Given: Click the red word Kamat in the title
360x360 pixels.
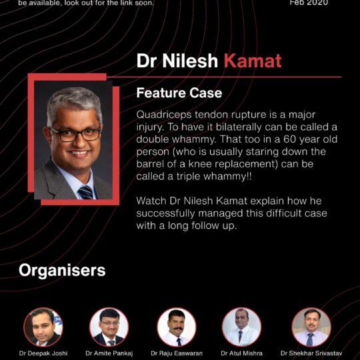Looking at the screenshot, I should click(x=252, y=61).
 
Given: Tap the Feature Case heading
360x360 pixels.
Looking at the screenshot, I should click(x=179, y=93).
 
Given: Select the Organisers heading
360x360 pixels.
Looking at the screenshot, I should click(x=62, y=270).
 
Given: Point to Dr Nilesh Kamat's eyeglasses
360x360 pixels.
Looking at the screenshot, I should click(x=75, y=133).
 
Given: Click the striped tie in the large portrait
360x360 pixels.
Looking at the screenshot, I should click(x=85, y=191).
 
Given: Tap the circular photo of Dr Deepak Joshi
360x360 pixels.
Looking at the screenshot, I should click(x=43, y=326).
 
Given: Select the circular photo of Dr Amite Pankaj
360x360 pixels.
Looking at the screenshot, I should click(x=109, y=326).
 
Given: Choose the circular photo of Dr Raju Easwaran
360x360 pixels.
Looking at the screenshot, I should click(x=176, y=326).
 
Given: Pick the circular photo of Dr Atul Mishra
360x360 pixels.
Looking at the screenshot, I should click(x=241, y=326).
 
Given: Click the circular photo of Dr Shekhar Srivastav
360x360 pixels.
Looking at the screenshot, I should click(x=311, y=326).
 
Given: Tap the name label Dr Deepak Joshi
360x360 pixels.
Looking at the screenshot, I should click(x=43, y=353).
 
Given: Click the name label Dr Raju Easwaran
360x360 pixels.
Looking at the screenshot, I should click(x=176, y=353).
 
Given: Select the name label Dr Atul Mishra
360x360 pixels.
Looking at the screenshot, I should click(x=242, y=353).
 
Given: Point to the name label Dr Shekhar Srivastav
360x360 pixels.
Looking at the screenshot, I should click(x=311, y=353).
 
